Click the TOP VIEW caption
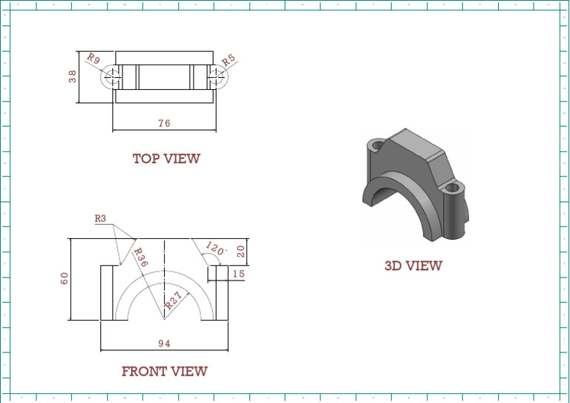tap(166, 158)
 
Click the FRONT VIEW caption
tap(164, 371)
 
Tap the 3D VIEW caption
tap(413, 266)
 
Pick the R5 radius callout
tap(229, 59)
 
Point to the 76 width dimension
tap(164, 123)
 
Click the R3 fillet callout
tap(101, 218)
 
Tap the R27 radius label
tap(174, 300)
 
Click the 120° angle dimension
tap(214, 249)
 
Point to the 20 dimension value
tap(241, 251)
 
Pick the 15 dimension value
tap(238, 274)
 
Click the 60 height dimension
tap(65, 278)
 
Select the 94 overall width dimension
tap(164, 342)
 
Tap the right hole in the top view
tap(215, 76)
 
